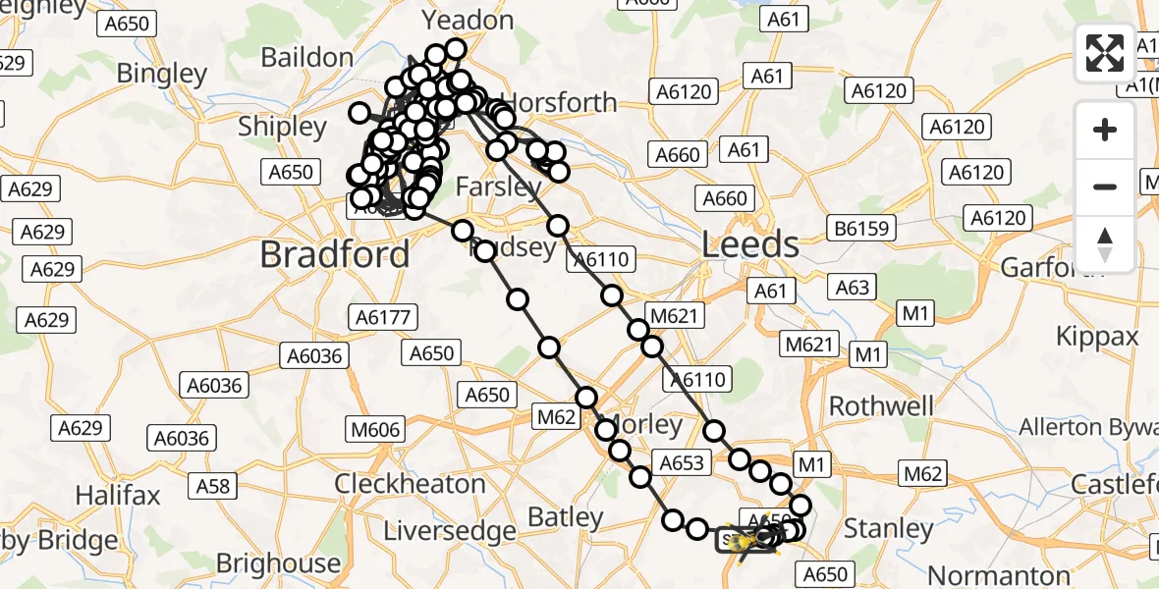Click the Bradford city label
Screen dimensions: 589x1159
point(335,255)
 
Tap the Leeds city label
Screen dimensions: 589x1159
point(750,244)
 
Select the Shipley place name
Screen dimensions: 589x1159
point(282,127)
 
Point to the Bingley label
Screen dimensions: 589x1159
point(162,74)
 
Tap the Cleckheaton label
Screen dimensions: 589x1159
point(411,484)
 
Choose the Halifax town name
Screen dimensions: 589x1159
point(118,495)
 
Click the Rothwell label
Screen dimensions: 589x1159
point(882,405)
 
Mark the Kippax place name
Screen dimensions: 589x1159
point(1097,337)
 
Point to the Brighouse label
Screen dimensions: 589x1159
point(278,563)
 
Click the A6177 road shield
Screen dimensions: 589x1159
point(384,317)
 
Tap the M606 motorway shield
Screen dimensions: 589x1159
point(375,429)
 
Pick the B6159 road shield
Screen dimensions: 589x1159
point(862,229)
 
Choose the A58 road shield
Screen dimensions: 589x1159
point(213,485)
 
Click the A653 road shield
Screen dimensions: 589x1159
point(683,462)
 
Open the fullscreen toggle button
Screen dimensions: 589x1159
point(1105,52)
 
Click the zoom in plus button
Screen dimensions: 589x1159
point(1105,130)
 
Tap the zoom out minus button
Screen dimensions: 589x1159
point(1105,187)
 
